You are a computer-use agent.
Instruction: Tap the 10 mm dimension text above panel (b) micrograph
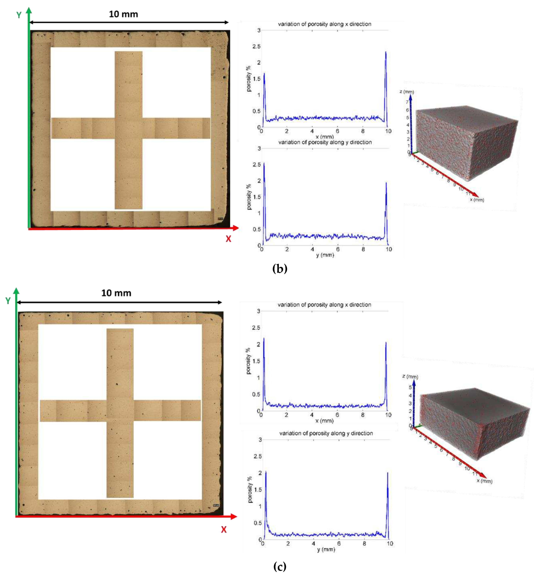click(123, 14)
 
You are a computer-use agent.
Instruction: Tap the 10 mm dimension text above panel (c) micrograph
click(116, 293)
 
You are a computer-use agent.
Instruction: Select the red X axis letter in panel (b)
click(228, 239)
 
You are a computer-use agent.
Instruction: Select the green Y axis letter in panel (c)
click(8, 301)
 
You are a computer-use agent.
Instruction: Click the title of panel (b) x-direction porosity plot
click(324, 24)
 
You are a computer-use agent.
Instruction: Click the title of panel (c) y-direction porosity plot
click(326, 433)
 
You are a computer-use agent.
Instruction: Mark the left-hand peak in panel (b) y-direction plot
click(264, 163)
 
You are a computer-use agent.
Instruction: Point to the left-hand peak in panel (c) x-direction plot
click(263, 339)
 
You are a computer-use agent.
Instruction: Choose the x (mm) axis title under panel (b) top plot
click(324, 137)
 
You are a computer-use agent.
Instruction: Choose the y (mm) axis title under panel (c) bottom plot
click(326, 549)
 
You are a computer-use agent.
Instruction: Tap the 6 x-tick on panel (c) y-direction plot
click(339, 543)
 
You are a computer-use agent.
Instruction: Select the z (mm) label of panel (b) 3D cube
click(407, 92)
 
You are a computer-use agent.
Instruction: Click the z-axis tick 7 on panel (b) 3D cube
click(407, 102)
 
